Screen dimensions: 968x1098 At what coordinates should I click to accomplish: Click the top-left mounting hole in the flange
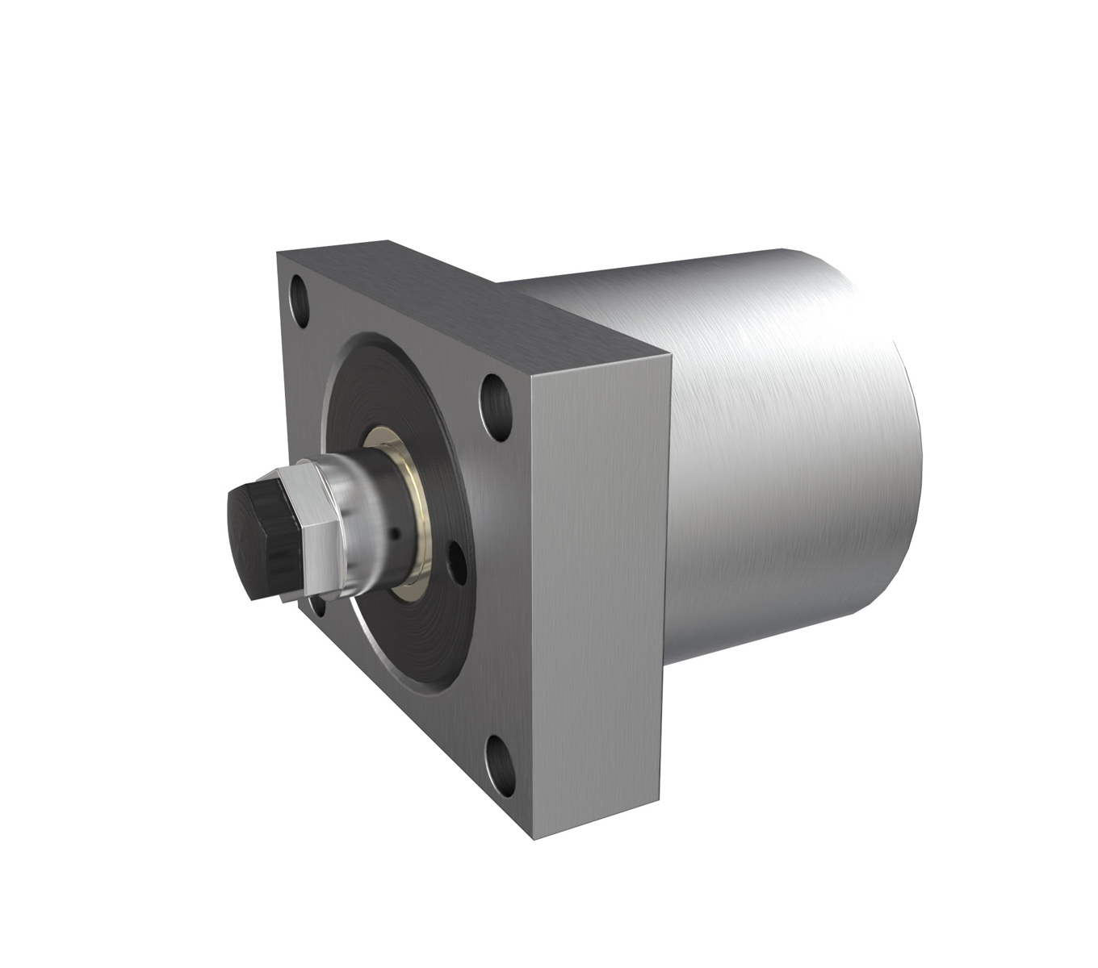[x=300, y=302]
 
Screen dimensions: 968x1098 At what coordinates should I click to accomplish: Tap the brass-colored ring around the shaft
[x=412, y=516]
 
